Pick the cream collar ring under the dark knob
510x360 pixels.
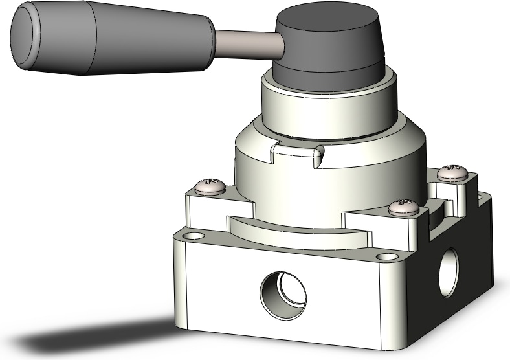tap(324, 107)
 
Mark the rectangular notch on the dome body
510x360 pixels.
tap(294, 155)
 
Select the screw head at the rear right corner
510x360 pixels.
tap(452, 172)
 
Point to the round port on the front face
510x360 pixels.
tap(284, 295)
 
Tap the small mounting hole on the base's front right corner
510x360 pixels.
tap(388, 257)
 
